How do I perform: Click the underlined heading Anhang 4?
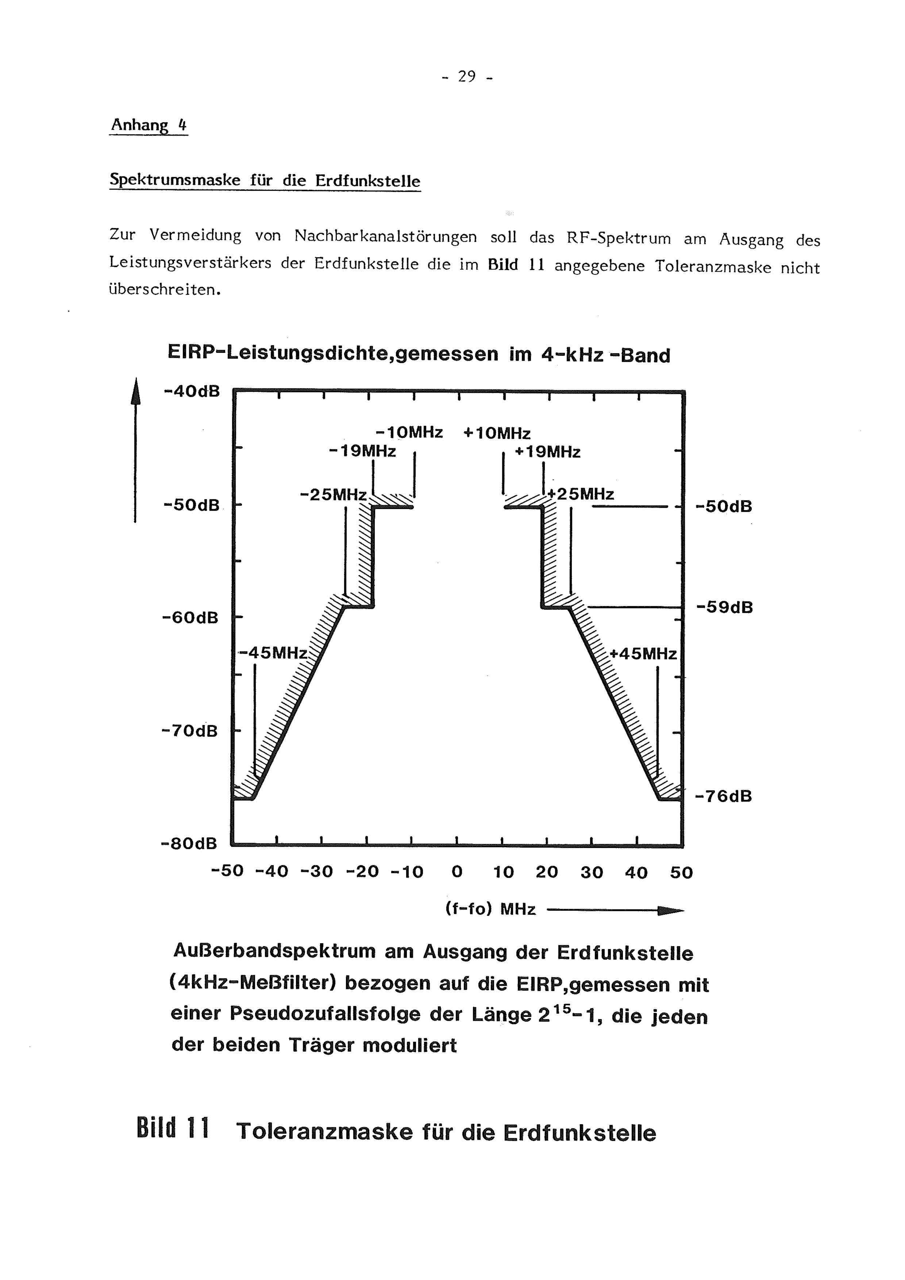click(148, 125)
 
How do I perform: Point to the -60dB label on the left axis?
click(190, 618)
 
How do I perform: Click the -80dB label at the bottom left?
click(188, 843)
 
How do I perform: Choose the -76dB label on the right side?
click(723, 796)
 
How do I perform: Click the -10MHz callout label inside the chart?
click(410, 433)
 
